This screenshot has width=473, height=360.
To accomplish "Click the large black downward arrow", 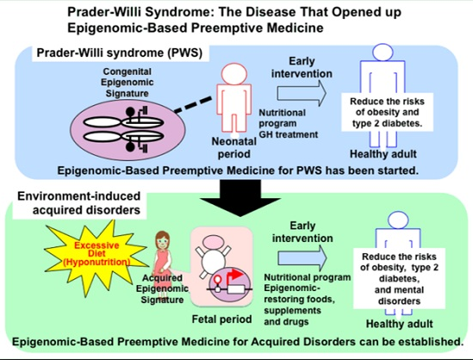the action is pyautogui.click(x=240, y=197).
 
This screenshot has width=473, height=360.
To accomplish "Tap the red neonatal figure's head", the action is pyautogui.click(x=234, y=74).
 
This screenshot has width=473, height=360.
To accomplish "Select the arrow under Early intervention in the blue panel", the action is pyautogui.click(x=302, y=93).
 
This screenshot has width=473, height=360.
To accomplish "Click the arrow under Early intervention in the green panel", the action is pyautogui.click(x=302, y=258).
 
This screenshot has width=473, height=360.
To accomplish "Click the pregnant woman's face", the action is pyautogui.click(x=163, y=241).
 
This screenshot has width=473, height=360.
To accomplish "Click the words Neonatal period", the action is pyautogui.click(x=234, y=147).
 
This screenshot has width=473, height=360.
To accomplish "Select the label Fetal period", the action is pyautogui.click(x=221, y=319).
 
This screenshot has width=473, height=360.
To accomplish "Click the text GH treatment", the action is pyautogui.click(x=289, y=134).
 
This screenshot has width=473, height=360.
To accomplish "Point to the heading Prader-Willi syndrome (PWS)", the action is pyautogui.click(x=120, y=53).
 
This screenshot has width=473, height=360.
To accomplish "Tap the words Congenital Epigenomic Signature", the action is pyautogui.click(x=127, y=83).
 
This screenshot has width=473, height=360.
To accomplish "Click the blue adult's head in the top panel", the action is pyautogui.click(x=383, y=52).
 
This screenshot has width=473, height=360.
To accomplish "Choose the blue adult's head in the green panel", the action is pyautogui.click(x=398, y=220).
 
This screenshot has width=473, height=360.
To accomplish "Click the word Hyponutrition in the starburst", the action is pyautogui.click(x=96, y=262).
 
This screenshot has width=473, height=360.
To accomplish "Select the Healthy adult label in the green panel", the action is pyautogui.click(x=400, y=324).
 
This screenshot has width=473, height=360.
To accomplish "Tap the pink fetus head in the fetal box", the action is pyautogui.click(x=213, y=242).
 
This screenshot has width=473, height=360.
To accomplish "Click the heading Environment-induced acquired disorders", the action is pyautogui.click(x=79, y=203).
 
